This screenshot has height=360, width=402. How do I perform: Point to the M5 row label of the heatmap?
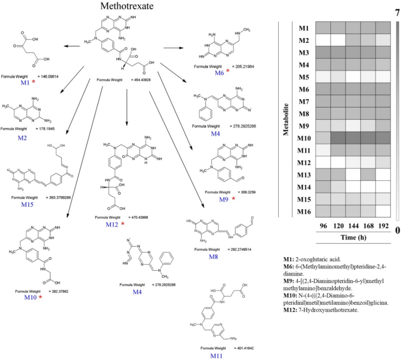pyautogui.click(x=303, y=77)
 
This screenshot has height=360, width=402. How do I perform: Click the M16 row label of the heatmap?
pyautogui.click(x=303, y=212)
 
